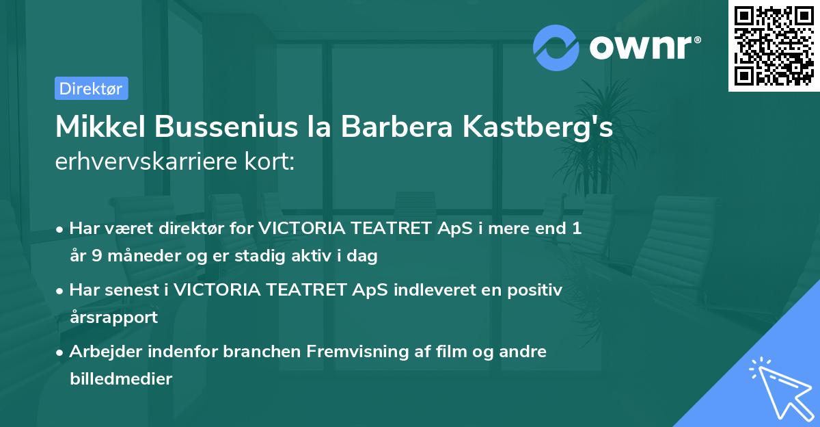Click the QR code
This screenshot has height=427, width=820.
(774, 46)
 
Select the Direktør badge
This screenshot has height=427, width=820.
(91, 88)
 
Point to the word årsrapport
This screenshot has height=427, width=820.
(113, 317)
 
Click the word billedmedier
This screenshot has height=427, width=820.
(121, 378)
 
